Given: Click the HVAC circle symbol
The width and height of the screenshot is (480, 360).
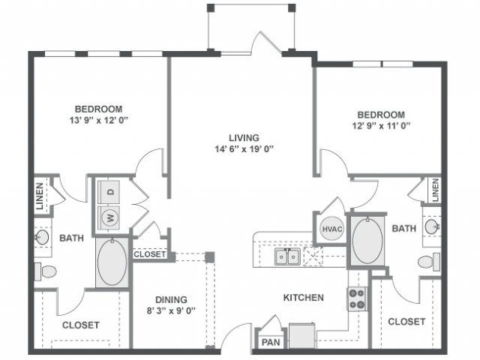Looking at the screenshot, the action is click(331, 229).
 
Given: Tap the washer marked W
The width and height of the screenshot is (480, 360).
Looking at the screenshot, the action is click(109, 218).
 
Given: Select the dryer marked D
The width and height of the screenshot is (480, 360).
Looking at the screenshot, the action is click(109, 192).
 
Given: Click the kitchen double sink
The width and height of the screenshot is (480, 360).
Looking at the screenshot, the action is click(286, 256).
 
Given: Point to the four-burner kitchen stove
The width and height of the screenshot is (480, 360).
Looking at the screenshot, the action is click(357, 298).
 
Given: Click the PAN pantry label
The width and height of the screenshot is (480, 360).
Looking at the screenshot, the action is click(271, 342).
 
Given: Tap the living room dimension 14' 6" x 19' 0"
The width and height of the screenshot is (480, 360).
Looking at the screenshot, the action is click(244, 149).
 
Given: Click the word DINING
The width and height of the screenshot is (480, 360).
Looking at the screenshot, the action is click(171, 299).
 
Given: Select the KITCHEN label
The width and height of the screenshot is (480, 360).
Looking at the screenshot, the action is click(303, 298).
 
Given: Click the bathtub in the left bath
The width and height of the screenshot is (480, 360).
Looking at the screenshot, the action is click(112, 262).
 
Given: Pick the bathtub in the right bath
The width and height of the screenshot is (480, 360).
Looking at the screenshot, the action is click(367, 241).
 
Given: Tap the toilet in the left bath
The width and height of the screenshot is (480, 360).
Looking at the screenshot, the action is click(46, 271).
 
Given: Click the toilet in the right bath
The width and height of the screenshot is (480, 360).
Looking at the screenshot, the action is click(429, 262).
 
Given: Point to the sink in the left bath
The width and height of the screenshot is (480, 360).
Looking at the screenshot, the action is click(42, 237).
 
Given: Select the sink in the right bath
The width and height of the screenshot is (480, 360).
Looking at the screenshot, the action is click(432, 226).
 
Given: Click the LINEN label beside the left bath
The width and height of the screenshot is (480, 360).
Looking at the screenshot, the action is click(40, 196).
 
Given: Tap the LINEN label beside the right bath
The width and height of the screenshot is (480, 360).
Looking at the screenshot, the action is click(435, 190).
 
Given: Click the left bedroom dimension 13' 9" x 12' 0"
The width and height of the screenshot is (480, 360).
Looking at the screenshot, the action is click(98, 120).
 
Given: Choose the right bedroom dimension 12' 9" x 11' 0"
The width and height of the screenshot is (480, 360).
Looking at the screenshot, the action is click(381, 126).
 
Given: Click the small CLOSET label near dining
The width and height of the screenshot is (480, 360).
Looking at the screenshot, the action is click(150, 254).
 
